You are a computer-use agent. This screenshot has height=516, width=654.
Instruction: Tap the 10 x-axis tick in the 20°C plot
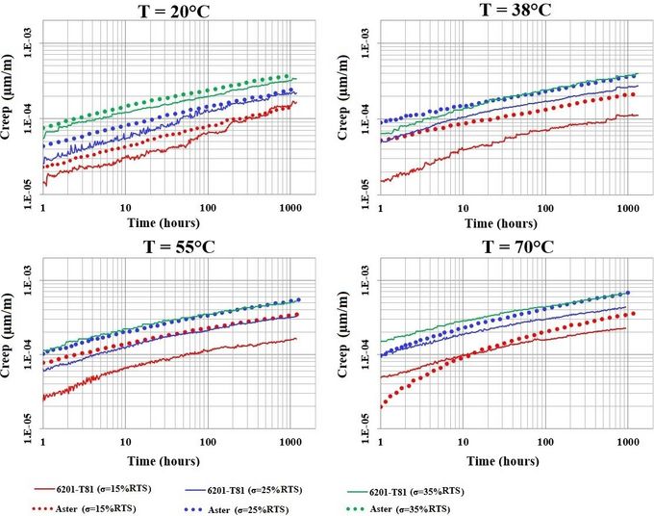coord(125,207)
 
